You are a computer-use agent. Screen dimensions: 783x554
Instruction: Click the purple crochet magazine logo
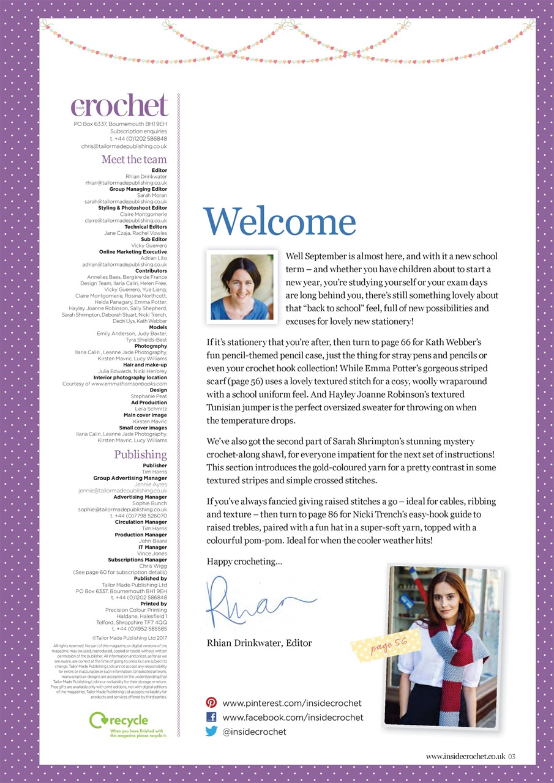(120, 106)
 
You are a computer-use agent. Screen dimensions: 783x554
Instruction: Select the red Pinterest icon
(211, 703)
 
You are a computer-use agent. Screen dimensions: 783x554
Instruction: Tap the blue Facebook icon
(211, 717)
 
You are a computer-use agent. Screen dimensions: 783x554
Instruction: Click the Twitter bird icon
(211, 731)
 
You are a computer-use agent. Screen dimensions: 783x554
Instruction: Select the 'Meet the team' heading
(134, 160)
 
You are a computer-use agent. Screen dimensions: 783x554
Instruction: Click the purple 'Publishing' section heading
(140, 455)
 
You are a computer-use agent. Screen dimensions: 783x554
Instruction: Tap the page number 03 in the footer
(512, 757)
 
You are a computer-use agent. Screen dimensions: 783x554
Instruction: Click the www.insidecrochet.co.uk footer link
(465, 757)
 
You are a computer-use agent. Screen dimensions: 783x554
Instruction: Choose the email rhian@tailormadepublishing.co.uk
(126, 183)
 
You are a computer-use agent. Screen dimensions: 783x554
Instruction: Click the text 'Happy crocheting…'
(245, 561)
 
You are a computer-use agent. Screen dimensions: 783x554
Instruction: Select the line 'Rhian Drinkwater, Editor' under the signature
(260, 643)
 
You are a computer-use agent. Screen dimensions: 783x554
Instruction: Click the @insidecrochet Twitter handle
(254, 731)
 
